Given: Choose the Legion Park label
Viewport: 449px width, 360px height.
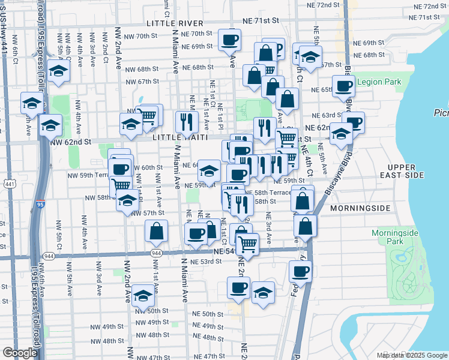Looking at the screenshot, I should pyautogui.click(x=379, y=82).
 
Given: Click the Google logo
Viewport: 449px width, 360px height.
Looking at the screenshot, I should pyautogui.click(x=19, y=353).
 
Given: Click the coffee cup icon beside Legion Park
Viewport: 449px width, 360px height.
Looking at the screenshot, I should pyautogui.click(x=343, y=85).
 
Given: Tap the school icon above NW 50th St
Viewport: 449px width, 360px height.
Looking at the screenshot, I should pyautogui.click(x=143, y=296).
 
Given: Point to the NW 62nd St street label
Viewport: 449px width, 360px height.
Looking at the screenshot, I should pyautogui.click(x=71, y=142).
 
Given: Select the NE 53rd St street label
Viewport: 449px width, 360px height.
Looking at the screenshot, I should pyautogui.click(x=206, y=262).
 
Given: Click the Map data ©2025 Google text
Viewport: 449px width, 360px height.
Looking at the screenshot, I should pyautogui.click(x=411, y=355).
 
